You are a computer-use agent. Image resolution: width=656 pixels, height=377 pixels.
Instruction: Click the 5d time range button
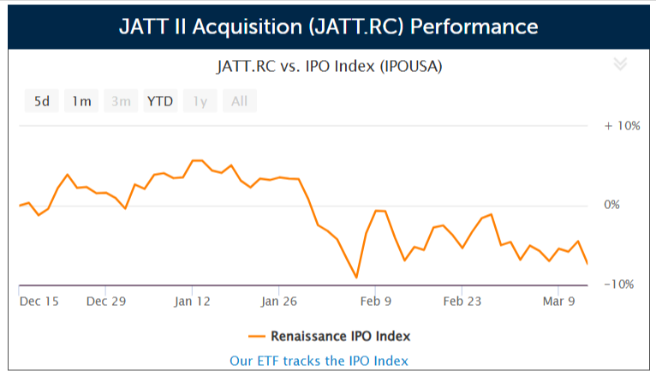pyautogui.click(x=41, y=101)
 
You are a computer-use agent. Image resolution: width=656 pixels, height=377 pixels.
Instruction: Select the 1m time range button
pyautogui.click(x=81, y=101)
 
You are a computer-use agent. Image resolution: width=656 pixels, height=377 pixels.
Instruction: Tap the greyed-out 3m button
pyautogui.click(x=121, y=101)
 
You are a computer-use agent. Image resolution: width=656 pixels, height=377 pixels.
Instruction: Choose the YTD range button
pyautogui.click(x=160, y=101)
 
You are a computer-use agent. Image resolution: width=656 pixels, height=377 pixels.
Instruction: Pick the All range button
pyautogui.click(x=239, y=101)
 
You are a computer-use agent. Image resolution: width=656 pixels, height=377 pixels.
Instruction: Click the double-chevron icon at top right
pyautogui.click(x=621, y=64)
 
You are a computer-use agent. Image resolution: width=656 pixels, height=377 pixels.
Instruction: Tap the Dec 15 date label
pyautogui.click(x=39, y=302)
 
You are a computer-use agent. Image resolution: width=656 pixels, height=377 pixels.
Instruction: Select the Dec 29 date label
pyautogui.click(x=106, y=302)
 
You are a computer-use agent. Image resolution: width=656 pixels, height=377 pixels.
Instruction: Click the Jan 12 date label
pyautogui.click(x=192, y=302)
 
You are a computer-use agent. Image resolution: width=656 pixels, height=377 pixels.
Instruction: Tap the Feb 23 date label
pyautogui.click(x=462, y=302)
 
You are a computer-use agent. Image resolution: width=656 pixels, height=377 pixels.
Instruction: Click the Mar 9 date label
pyautogui.click(x=558, y=302)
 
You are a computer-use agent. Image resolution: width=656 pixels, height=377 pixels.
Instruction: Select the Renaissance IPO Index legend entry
pyautogui.click(x=329, y=335)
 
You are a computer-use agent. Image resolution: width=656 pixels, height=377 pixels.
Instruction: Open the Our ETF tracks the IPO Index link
pyautogui.click(x=319, y=361)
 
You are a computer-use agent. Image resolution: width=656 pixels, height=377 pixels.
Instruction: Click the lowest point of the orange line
pyautogui.click(x=356, y=278)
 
